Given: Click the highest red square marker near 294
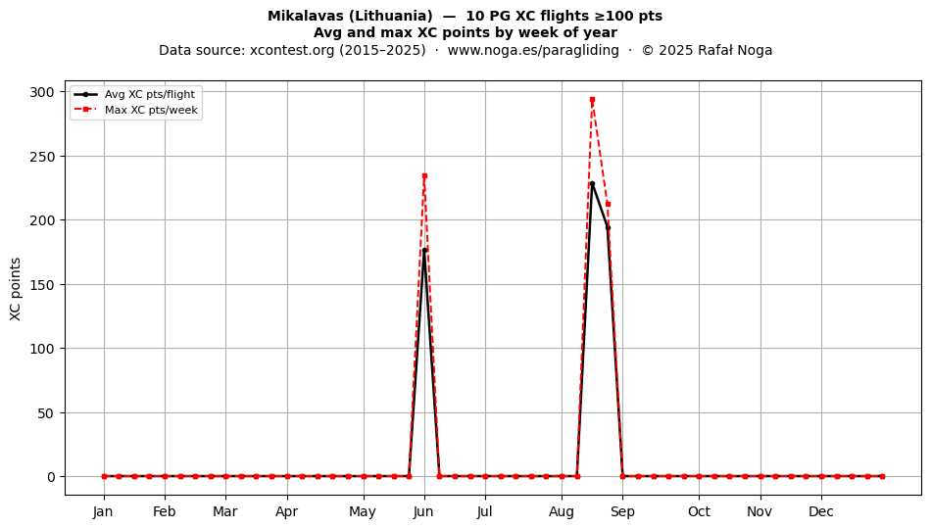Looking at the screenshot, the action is [x=592, y=100].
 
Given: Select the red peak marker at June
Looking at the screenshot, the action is [x=424, y=175].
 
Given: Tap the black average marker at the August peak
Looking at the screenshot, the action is [x=592, y=184].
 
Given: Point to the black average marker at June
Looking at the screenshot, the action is [x=424, y=251].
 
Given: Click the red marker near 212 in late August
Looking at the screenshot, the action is [x=608, y=204].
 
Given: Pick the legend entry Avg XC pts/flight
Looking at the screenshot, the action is [x=135, y=94].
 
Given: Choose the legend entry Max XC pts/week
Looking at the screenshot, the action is [x=136, y=110].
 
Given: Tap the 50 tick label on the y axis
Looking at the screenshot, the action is [x=46, y=413].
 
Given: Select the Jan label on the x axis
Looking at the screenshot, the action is [x=103, y=511].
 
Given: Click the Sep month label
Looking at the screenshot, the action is [x=622, y=511].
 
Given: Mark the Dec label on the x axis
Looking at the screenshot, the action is [x=821, y=511].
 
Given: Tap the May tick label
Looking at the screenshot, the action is [x=363, y=511].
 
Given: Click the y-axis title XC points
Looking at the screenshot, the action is [x=16, y=289].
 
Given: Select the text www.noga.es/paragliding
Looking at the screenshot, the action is [x=533, y=50].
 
